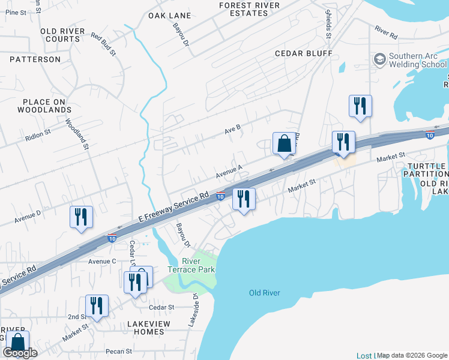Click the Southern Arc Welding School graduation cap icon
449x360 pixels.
[379, 59]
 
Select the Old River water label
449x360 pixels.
[264, 293]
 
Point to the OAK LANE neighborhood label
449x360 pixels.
[170, 16]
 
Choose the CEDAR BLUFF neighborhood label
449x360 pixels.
[303, 53]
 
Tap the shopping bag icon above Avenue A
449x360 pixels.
[285, 144]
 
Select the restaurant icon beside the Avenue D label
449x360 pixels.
[81, 217]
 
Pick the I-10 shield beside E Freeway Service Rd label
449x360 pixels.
[220, 196]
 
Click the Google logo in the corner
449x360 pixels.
[20, 353]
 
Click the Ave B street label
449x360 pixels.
[232, 127]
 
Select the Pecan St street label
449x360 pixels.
[119, 351]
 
